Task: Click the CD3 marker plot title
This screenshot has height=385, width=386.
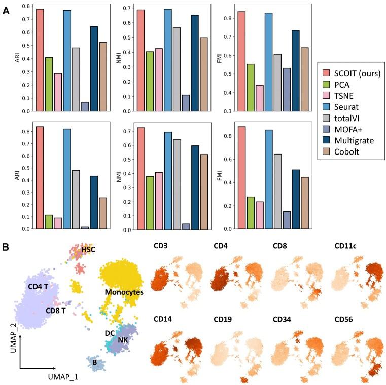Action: point(161,247)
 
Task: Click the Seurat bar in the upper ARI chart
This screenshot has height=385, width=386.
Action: point(66,60)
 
